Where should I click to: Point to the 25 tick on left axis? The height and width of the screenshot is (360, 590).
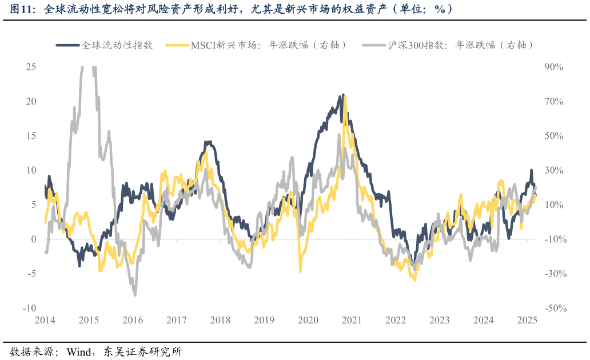coord(31,67)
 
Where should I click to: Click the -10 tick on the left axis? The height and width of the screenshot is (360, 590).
coord(29,308)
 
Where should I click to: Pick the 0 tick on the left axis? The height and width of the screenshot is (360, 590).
coord(34,239)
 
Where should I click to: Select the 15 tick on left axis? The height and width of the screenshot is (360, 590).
coord(31,135)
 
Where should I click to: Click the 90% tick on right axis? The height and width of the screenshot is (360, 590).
coord(554,67)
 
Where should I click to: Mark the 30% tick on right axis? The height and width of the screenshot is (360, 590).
coord(554,170)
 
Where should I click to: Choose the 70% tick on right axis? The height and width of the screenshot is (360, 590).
coord(554,101)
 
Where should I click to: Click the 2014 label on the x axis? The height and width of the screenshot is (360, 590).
coord(45,320)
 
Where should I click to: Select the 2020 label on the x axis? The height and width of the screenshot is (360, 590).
coord(308,320)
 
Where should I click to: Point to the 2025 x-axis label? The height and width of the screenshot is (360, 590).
coord(527,320)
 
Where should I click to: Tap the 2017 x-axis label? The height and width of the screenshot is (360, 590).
coord(176,320)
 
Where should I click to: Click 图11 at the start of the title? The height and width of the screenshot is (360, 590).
coord(20,9)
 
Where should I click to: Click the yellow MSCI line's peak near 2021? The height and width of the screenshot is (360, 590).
coord(345,97)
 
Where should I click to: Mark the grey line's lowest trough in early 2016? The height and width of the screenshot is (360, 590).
coord(135,295)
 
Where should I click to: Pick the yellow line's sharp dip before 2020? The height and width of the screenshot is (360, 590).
coord(300,272)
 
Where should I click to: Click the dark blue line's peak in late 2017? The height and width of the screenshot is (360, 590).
coord(209,142)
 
